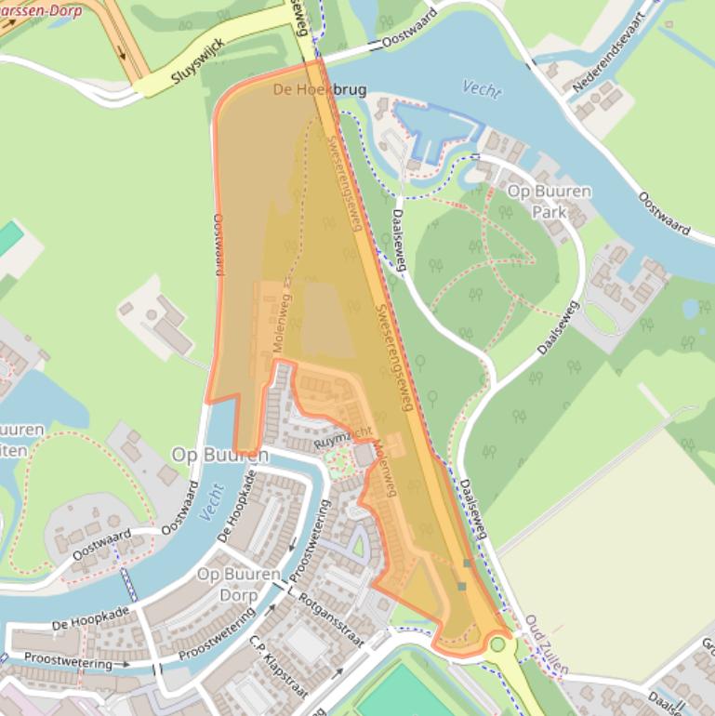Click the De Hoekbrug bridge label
coord(319,90)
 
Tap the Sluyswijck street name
coord(199,64)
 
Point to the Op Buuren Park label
coord(549,201)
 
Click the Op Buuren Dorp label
coord(239,584)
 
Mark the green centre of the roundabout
coord(499,643)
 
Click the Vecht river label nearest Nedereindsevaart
coord(482,89)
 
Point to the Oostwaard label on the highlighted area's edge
coord(218,245)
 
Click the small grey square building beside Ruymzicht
coord(363,455)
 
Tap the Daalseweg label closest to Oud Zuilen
coord(474,510)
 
